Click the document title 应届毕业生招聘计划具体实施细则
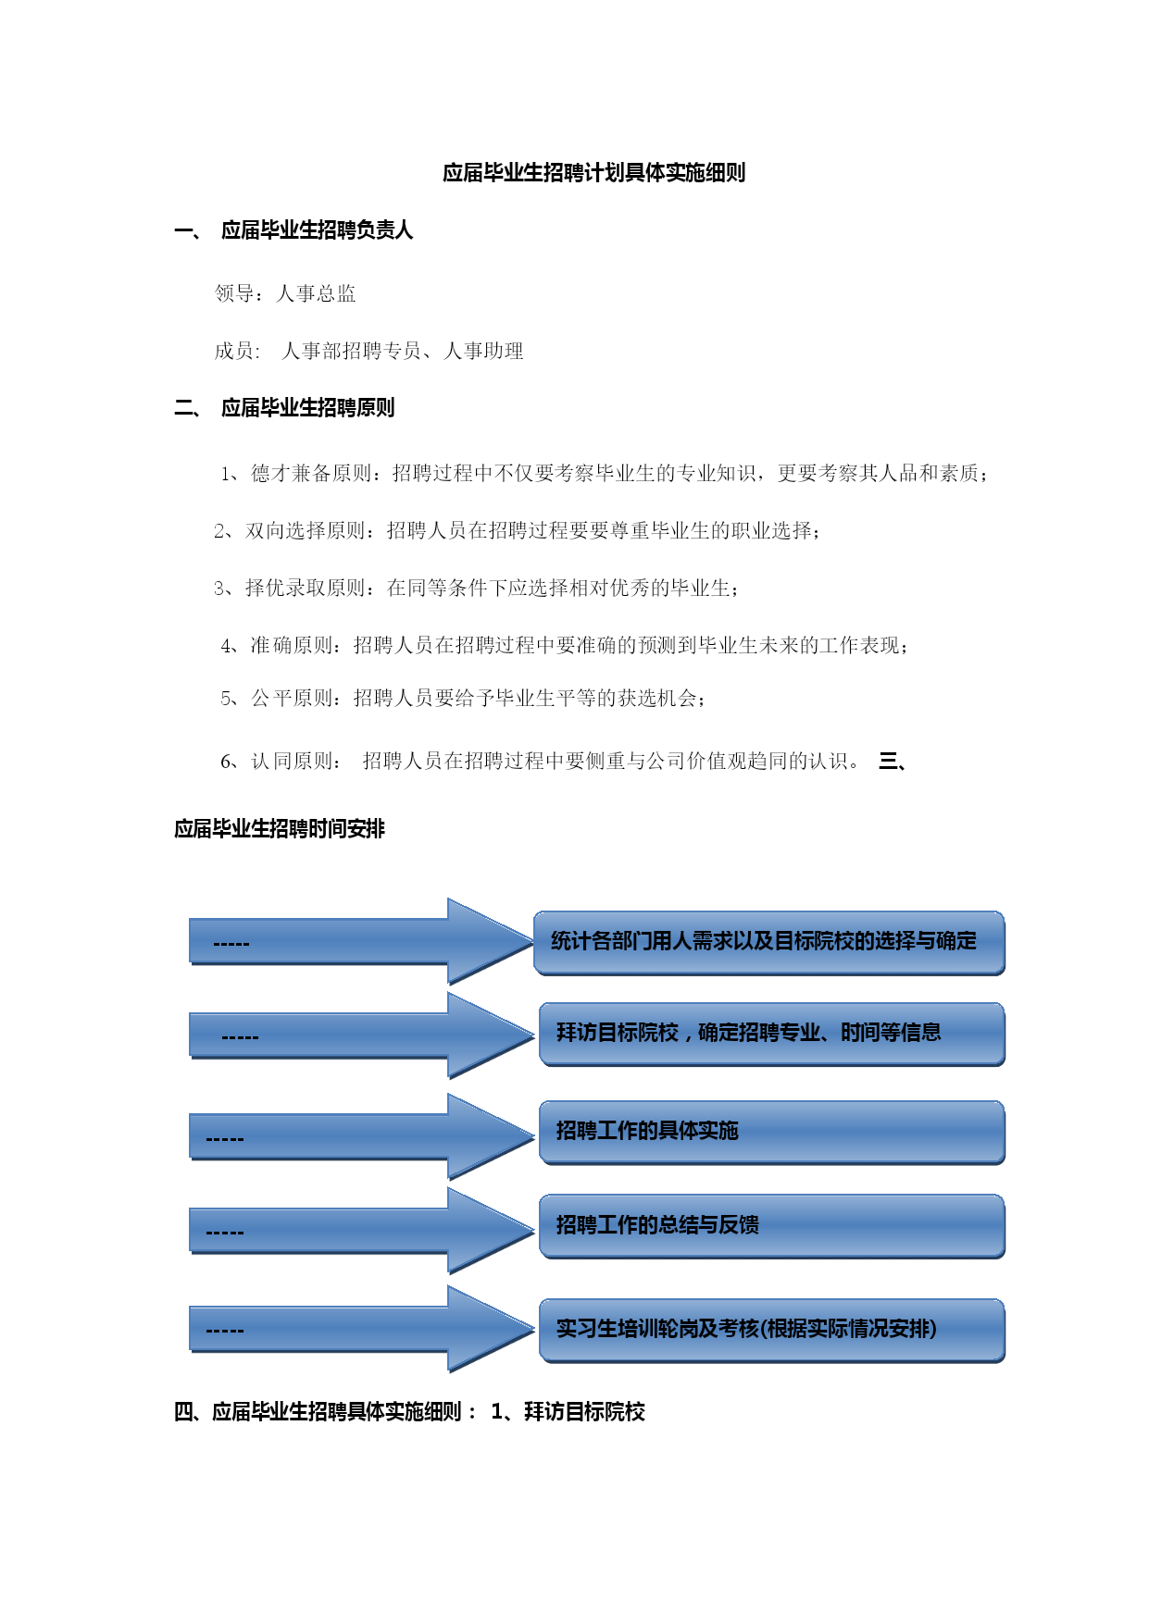tap(593, 173)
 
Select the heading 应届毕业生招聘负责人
tap(317, 230)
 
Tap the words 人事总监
tap(317, 294)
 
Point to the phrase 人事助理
tap(484, 352)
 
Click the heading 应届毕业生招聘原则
tap(307, 408)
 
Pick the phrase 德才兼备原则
tap(311, 474)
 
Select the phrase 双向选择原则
tap(306, 531)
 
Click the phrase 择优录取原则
tap(306, 589)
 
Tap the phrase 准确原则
tap(292, 646)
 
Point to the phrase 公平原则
tap(292, 699)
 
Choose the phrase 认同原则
tap(292, 762)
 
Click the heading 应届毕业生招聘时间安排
tap(280, 829)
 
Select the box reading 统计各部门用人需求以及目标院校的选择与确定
tap(769, 943)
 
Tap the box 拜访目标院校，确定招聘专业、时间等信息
tap(772, 1035)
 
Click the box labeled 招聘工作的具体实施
tap(772, 1133)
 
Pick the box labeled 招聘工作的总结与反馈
tap(772, 1226)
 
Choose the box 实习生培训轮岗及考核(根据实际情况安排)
tap(772, 1331)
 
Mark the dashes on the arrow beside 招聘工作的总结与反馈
tap(225, 1233)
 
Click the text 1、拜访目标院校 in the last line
tap(568, 1412)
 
